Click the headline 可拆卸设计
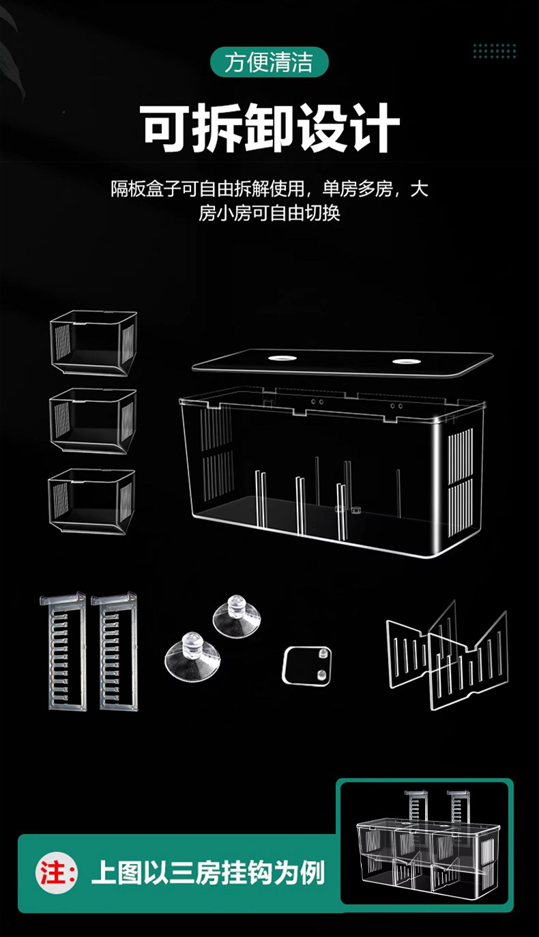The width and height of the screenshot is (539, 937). pyautogui.click(x=270, y=128)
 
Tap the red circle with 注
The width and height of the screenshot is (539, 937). pyautogui.click(x=56, y=873)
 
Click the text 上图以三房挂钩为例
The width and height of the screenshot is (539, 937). pyautogui.click(x=207, y=873)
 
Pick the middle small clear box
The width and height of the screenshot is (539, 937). pyautogui.click(x=93, y=420)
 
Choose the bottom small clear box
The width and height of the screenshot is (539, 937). pyautogui.click(x=92, y=501)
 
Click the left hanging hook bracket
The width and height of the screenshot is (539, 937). pyautogui.click(x=67, y=651)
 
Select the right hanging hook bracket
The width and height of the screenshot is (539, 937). pyautogui.click(x=118, y=651)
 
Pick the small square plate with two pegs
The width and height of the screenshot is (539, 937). pyautogui.click(x=308, y=664)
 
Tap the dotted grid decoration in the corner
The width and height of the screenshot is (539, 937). pyautogui.click(x=495, y=51)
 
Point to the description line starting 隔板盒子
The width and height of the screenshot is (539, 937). pyautogui.click(x=270, y=189)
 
